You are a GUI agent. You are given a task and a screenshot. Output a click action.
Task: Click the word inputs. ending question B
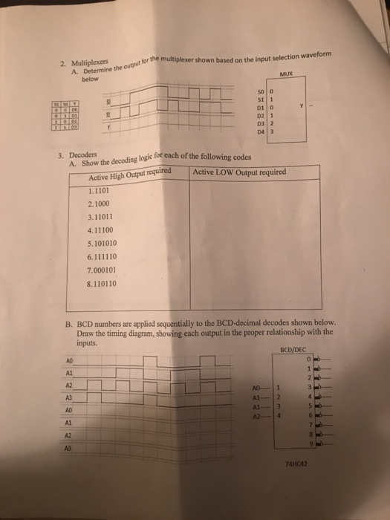point(88,342)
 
